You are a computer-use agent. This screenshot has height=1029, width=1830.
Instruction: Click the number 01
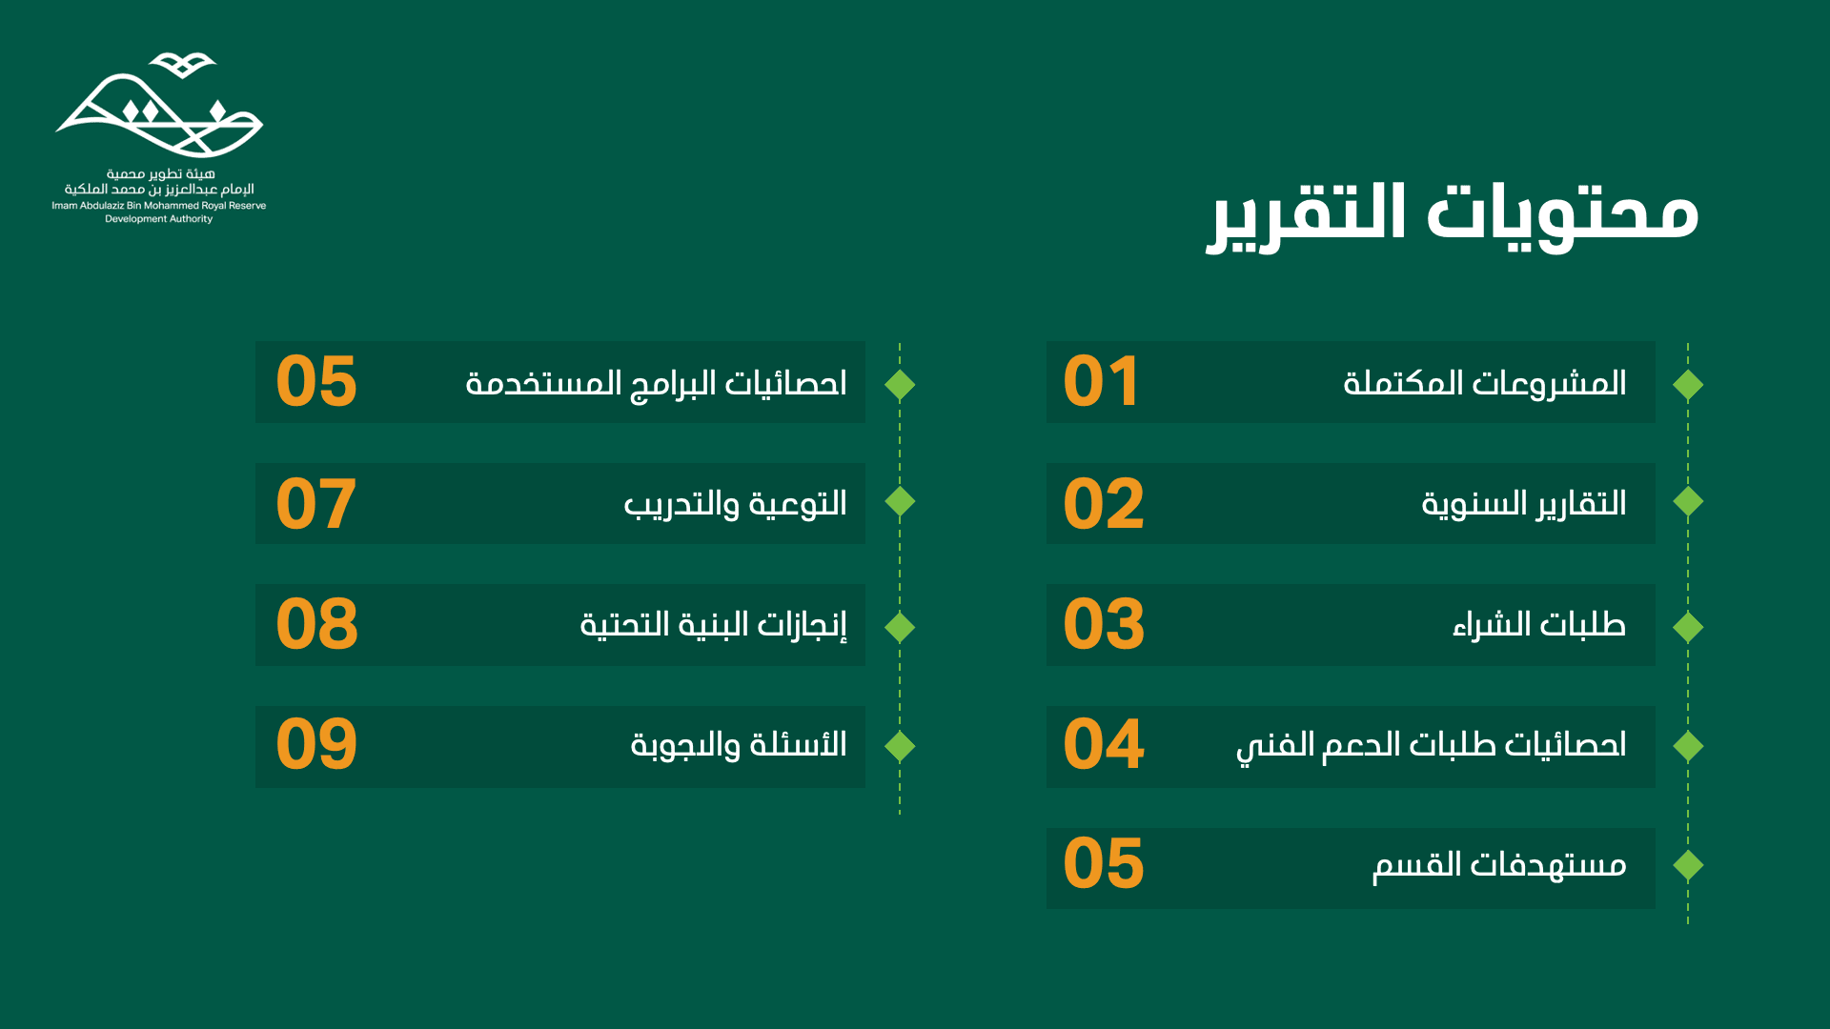coord(1101,382)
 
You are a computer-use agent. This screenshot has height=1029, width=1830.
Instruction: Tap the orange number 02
coord(1104,503)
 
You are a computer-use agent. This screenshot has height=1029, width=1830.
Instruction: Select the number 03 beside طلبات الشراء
coord(1104,624)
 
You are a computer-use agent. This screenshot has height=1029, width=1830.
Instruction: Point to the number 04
coord(1104,744)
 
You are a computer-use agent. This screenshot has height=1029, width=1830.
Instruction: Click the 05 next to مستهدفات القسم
coord(1104,864)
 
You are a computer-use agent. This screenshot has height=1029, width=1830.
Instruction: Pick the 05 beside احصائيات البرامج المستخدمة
coord(316,382)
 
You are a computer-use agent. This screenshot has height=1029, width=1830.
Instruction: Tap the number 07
coord(316,503)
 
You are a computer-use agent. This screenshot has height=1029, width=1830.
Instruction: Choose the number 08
coord(316,624)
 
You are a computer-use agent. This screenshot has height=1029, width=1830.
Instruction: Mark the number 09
coord(316,744)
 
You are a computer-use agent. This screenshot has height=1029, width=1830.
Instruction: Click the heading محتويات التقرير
coord(1453,214)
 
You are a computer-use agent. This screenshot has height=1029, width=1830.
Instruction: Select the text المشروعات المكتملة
coord(1484,383)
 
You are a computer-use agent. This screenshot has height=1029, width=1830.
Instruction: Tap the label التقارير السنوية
coord(1523,504)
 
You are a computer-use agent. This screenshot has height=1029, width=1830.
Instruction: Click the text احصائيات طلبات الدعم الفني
coord(1431,746)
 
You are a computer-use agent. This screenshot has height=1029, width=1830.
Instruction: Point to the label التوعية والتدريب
coord(735,504)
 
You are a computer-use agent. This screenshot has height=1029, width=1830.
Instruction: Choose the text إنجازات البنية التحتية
coord(713,625)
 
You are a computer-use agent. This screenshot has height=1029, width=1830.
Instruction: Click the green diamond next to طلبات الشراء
coord(1688,627)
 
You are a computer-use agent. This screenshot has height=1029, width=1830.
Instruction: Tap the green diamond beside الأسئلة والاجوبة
coord(900,746)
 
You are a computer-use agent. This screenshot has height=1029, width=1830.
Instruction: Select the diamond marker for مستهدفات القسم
coord(1688,865)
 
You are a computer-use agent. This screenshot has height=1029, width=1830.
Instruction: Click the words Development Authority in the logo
coord(158,219)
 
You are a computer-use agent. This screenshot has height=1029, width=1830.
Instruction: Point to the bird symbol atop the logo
coord(183,65)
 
